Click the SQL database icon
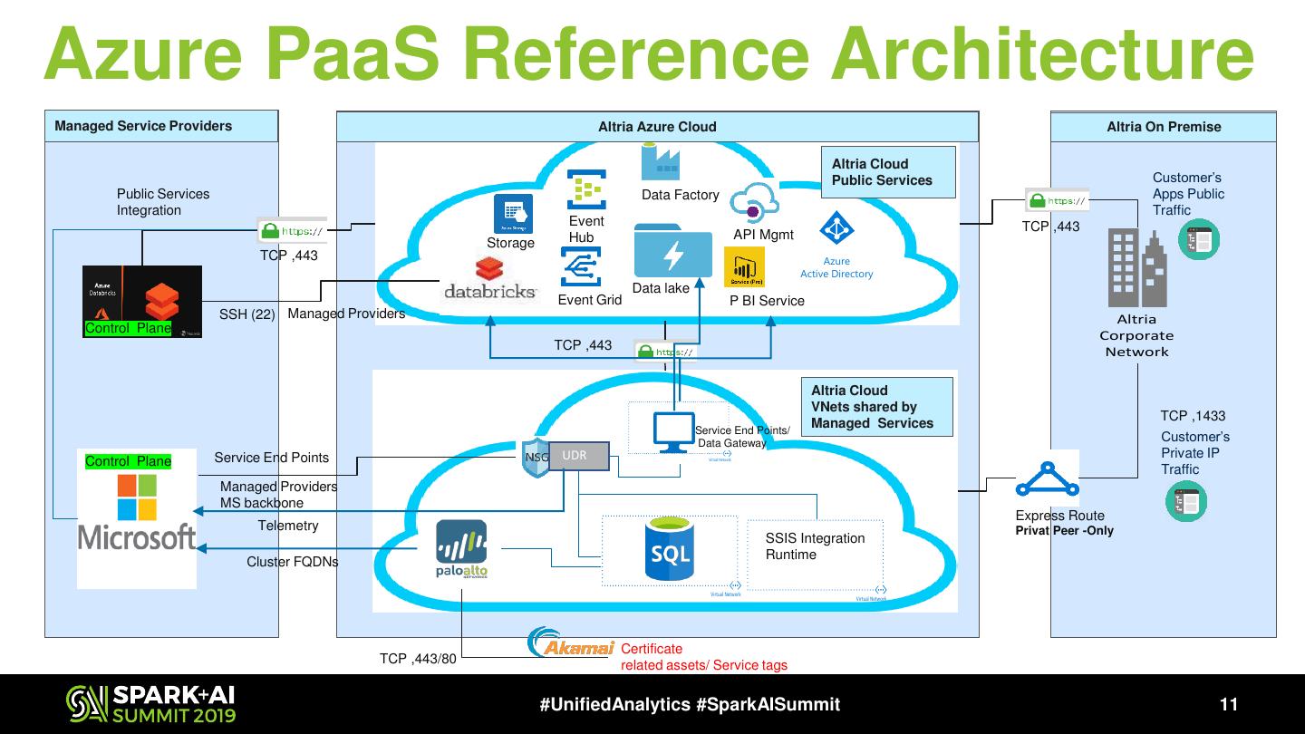tap(670, 550)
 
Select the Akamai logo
tap(570, 643)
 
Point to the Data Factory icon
tap(660, 163)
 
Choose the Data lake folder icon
tap(672, 250)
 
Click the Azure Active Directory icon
tap(836, 229)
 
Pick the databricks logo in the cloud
tap(489, 279)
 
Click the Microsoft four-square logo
tap(137, 497)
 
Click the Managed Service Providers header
tap(143, 126)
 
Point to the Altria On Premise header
tap(1164, 127)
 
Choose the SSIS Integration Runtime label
tap(815, 546)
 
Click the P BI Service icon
tap(746, 268)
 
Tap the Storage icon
tap(512, 214)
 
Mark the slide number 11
tap(1229, 704)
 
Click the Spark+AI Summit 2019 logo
tap(151, 704)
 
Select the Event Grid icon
tap(581, 266)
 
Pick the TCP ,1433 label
tap(1193, 416)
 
